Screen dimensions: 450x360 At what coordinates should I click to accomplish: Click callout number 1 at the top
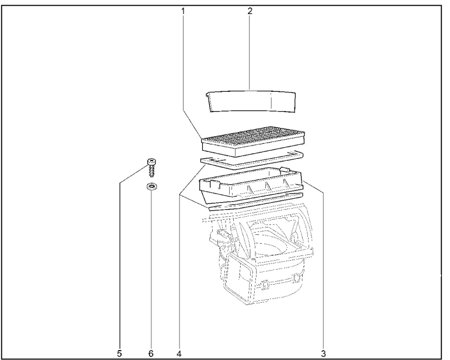coord(183,11)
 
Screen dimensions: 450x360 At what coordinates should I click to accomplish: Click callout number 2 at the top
coord(250,11)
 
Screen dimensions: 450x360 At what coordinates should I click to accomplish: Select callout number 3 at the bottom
coord(323,354)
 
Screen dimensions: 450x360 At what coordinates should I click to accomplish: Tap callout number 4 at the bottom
coord(179,354)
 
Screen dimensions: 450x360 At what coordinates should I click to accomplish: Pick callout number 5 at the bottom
coord(119,354)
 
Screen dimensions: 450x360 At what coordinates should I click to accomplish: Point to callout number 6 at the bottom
coord(151,354)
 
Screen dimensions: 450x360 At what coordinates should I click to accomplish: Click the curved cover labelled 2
coord(251,101)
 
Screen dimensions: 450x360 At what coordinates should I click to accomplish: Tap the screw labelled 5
coord(151,168)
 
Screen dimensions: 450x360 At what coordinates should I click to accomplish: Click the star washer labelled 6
coord(151,187)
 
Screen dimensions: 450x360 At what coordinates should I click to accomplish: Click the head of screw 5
coord(151,162)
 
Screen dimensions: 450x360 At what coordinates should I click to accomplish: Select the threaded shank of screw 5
coord(151,172)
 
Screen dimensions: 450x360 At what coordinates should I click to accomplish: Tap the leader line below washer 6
coord(151,270)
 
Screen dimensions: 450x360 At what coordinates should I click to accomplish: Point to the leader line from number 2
coord(250,53)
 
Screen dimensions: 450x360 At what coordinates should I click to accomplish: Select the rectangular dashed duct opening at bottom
coord(239,278)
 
